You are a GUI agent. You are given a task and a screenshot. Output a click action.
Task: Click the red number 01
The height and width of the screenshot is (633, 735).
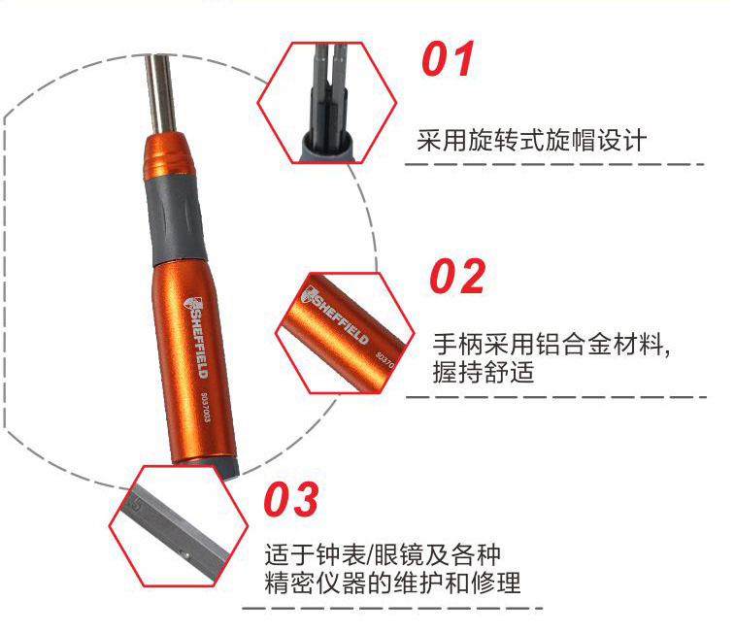[x=449, y=58]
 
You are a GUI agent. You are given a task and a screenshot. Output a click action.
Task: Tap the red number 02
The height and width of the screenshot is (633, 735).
[x=457, y=277]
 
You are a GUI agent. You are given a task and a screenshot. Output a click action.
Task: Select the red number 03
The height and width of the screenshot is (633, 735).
[x=291, y=499]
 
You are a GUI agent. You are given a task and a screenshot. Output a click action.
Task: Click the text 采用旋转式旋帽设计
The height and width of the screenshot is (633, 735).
[x=531, y=140]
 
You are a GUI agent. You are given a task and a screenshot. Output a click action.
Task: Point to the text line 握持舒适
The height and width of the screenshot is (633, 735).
[x=484, y=373]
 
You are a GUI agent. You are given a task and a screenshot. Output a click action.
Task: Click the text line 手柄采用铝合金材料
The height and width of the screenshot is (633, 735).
[x=551, y=345]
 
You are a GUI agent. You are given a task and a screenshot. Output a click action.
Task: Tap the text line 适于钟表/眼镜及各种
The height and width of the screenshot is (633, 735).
[x=383, y=555]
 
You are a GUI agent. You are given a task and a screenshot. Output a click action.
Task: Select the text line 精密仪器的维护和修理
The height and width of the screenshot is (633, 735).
[x=393, y=583]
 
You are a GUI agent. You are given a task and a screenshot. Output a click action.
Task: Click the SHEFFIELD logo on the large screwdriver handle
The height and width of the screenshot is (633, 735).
[x=195, y=337]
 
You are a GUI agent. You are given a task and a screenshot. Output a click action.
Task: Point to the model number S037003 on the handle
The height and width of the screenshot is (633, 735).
[x=205, y=407]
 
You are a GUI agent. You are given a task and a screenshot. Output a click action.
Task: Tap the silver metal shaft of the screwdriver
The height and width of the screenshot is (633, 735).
[x=160, y=94]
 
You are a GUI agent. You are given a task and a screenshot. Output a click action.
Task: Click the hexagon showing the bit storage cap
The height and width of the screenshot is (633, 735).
[x=326, y=103]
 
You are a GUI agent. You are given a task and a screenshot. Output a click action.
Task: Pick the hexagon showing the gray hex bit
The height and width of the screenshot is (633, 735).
[x=179, y=525]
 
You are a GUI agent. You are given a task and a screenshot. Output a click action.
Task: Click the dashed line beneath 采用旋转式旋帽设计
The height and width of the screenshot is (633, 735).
[x=554, y=164]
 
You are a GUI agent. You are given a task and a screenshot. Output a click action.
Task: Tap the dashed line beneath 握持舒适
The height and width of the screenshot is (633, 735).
[x=556, y=397]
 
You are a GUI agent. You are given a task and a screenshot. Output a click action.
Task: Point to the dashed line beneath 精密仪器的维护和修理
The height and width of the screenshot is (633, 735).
[x=392, y=609]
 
